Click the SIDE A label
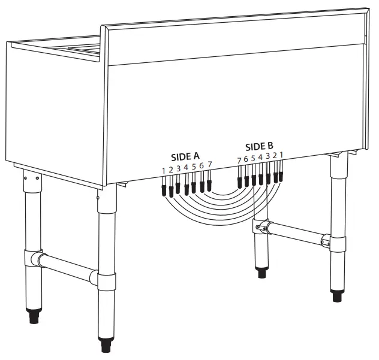[x=185, y=157]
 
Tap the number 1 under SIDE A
[x=163, y=171]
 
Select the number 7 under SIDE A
[x=209, y=164]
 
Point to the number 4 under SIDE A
[x=187, y=168]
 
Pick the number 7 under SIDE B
[x=239, y=161]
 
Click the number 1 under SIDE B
[x=281, y=155]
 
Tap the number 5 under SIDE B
[x=253, y=159]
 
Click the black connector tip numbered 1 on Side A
[x=164, y=191]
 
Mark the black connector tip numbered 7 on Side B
[x=240, y=181]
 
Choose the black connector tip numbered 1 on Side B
[x=281, y=176]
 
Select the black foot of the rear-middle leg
[x=261, y=273]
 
